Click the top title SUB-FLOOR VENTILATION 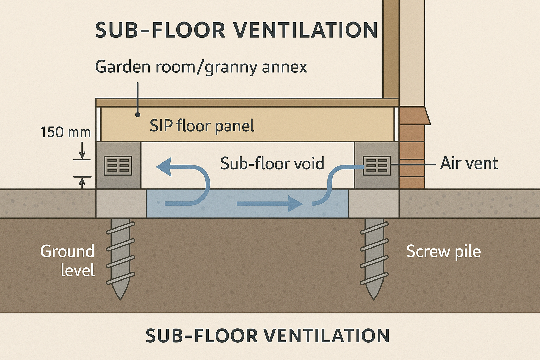coord(236,30)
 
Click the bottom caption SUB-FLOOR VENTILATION coord(267,336)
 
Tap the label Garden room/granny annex coord(201,67)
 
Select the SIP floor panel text coord(202,126)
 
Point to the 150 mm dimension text coord(65,133)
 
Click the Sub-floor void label coord(272,164)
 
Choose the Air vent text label coord(469,163)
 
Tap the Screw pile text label coord(443,251)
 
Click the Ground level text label coord(67,261)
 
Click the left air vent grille coord(118,166)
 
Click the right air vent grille coord(377,166)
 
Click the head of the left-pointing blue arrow coord(164,166)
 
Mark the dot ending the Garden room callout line coord(138,115)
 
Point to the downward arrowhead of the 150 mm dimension coord(82,156)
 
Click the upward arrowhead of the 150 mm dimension coord(82,180)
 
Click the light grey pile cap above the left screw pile coord(121,204)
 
